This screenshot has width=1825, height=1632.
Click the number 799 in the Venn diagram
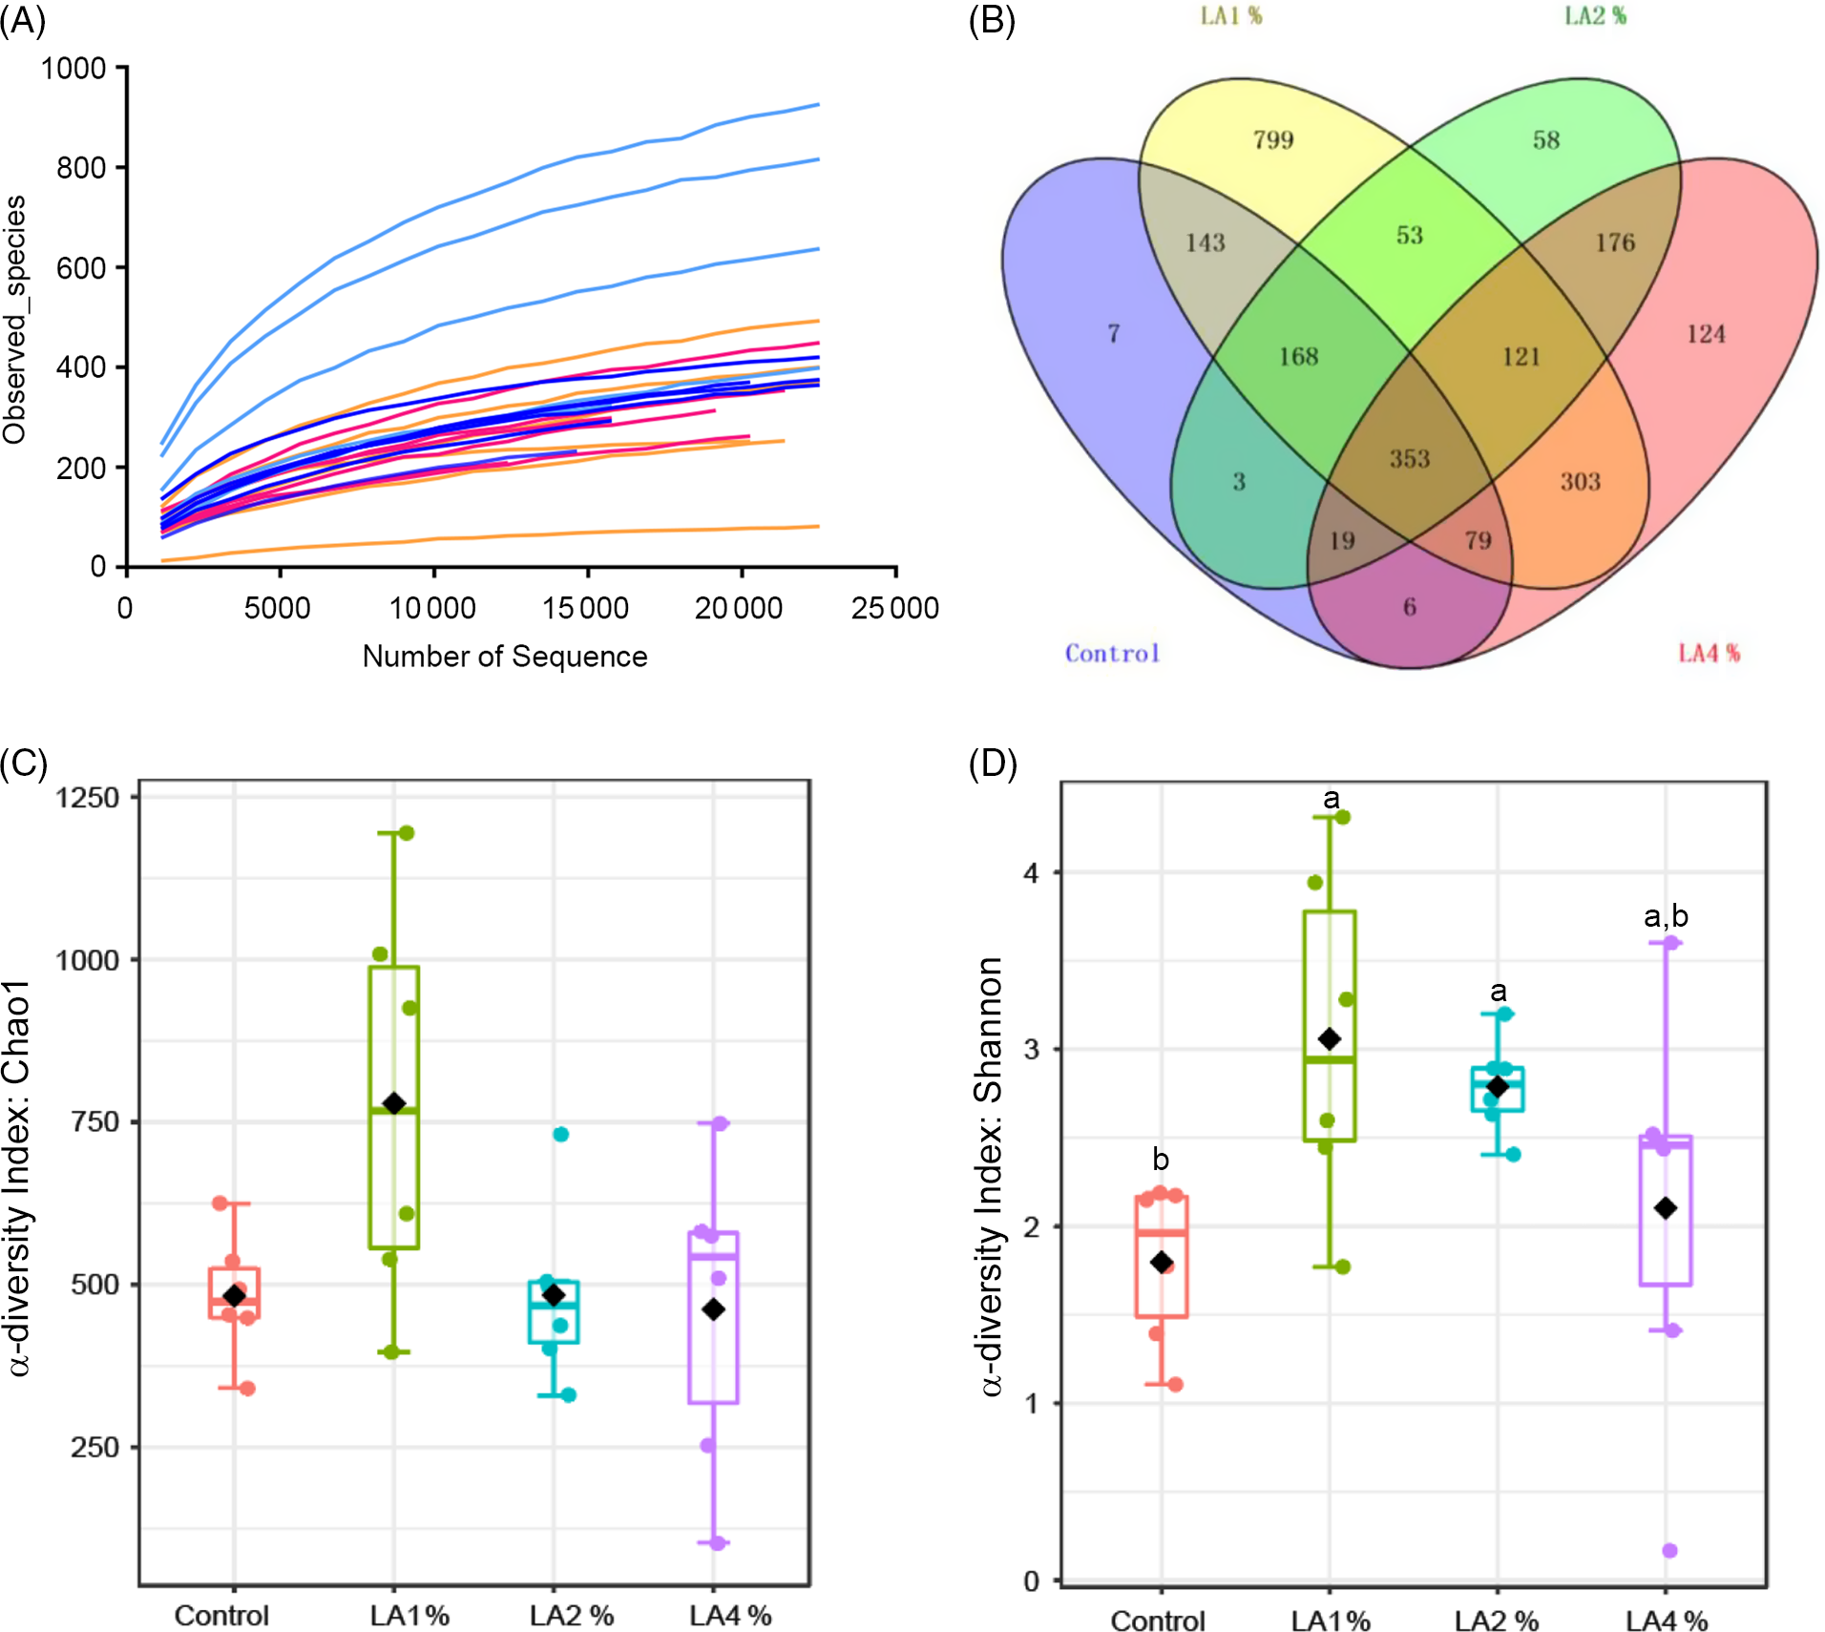click(1273, 140)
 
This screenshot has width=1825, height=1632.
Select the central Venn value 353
click(1409, 459)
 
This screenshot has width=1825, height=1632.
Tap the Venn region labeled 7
click(1113, 333)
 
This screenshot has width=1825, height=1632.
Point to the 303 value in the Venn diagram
click(1580, 482)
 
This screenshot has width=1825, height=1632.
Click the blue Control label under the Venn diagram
click(1112, 654)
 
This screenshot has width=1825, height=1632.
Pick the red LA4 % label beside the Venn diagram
click(1709, 654)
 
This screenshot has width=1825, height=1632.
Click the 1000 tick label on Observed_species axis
click(73, 69)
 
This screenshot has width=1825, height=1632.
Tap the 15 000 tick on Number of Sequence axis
click(585, 608)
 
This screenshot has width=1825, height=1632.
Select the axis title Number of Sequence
click(504, 657)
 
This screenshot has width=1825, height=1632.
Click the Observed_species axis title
click(15, 320)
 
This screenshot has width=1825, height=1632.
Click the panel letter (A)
click(23, 19)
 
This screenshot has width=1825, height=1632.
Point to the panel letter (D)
click(993, 764)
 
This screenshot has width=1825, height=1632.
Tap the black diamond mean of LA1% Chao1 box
click(393, 1103)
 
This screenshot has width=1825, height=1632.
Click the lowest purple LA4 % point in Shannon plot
click(1669, 1550)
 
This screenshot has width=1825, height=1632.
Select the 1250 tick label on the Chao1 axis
click(87, 798)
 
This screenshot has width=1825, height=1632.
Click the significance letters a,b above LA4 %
click(1666, 916)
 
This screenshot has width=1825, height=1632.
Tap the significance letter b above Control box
click(1161, 1159)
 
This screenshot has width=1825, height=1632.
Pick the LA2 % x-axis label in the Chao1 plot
click(572, 1615)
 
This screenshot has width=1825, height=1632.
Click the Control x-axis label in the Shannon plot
click(1158, 1621)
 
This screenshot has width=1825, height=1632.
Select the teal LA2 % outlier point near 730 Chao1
click(561, 1134)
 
